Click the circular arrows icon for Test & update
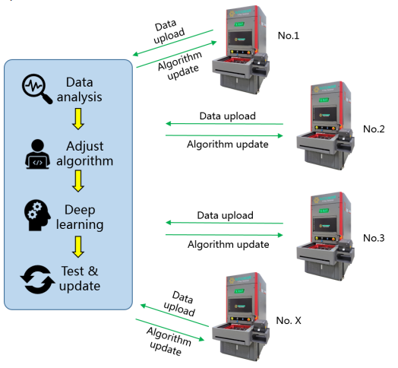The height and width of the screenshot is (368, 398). (x=37, y=278)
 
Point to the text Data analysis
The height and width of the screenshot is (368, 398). (x=84, y=90)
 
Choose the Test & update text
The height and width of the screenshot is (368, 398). (x=80, y=278)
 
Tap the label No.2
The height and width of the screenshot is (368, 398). (x=374, y=128)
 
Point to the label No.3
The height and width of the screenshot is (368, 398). (x=374, y=238)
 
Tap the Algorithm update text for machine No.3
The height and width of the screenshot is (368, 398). (x=227, y=245)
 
